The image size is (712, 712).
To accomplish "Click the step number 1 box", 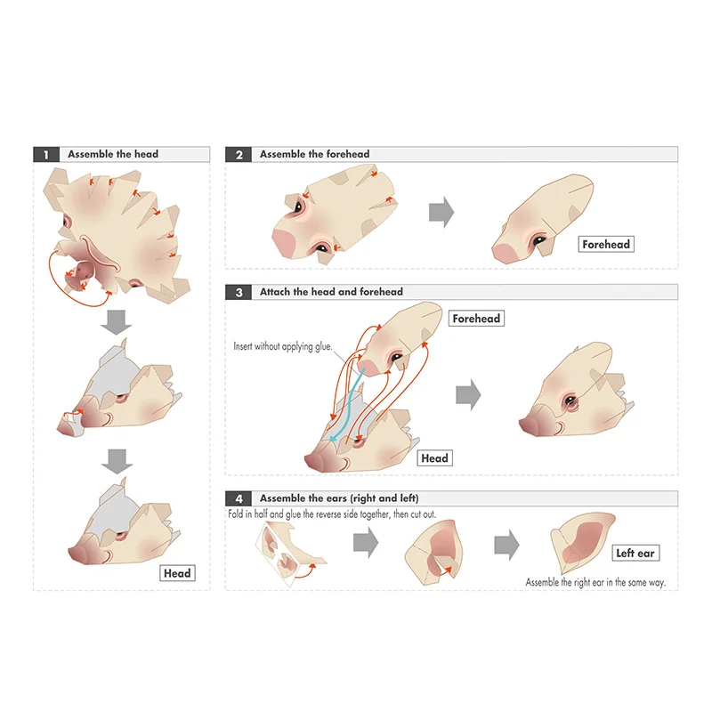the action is (45, 154).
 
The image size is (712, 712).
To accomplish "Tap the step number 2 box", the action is (238, 154).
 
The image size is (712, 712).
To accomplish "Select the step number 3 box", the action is (238, 291).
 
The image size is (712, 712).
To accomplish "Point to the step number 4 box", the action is (238, 498).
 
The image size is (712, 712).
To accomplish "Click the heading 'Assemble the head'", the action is (113, 154).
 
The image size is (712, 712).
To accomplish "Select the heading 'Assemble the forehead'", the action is (314, 154).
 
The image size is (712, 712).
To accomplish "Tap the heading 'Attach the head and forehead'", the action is (331, 291).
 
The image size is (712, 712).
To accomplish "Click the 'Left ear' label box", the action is (635, 554).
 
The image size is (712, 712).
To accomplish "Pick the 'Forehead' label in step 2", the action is (606, 243).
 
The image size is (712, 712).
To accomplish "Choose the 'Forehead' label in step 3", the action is (476, 318).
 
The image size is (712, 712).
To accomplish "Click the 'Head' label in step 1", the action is (177, 573).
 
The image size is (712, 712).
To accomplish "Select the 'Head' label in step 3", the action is (435, 458).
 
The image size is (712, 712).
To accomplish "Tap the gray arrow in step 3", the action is (468, 394).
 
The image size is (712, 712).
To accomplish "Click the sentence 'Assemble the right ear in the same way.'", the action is (595, 582).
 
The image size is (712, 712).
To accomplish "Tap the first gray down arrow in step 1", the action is (115, 323).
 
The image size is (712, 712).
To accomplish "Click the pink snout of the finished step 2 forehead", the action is (505, 253).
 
